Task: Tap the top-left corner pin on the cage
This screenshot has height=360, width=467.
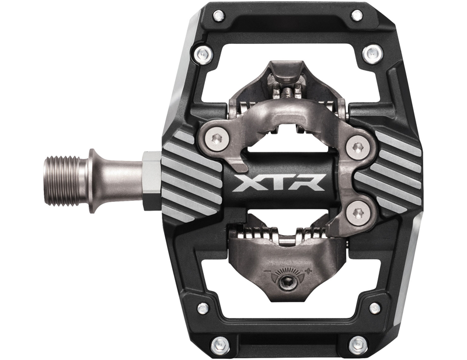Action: [x=219, y=16]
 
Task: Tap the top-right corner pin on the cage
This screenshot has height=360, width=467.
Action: [x=357, y=16]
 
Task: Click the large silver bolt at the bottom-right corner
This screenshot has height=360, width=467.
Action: [x=357, y=345]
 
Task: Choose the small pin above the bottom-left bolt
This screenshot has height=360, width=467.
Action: [x=203, y=307]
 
